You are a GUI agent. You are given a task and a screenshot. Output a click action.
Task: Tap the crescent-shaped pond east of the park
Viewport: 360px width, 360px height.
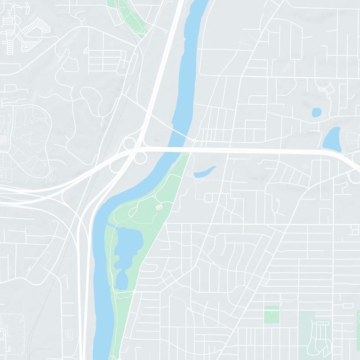tap(205, 171)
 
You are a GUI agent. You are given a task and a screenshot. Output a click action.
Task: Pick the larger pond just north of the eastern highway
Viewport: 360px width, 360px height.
tap(332, 139)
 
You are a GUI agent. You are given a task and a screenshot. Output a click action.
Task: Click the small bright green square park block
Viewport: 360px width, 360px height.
tap(271, 314)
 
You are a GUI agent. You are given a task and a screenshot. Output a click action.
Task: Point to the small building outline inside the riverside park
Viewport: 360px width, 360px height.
tap(158, 207)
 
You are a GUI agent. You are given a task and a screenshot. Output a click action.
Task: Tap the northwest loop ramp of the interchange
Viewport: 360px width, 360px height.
tap(130, 144)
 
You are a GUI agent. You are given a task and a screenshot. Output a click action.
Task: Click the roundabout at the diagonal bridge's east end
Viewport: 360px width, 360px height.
tap(193, 143)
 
